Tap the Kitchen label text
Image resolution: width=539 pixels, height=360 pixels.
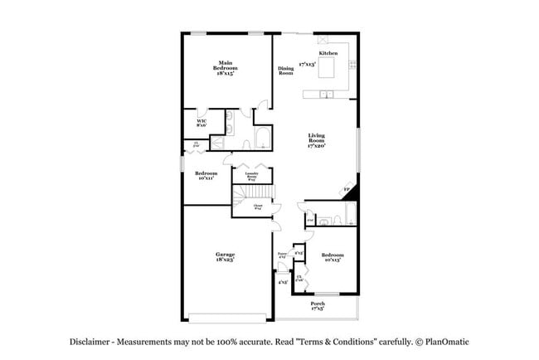[x=328, y=53]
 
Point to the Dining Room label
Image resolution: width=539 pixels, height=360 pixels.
[x=286, y=71]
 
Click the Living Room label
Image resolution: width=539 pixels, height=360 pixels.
[x=317, y=140]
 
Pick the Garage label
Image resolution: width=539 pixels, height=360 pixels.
[x=225, y=256]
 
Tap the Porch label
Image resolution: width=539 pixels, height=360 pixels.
[x=318, y=306]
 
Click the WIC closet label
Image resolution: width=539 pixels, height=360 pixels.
[x=202, y=123]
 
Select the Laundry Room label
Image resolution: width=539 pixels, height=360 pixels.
[x=250, y=177]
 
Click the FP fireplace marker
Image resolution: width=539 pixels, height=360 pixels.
[x=347, y=191]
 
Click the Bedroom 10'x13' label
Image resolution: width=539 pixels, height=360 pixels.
[x=333, y=256]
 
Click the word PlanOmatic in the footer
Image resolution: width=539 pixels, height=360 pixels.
[x=451, y=341]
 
